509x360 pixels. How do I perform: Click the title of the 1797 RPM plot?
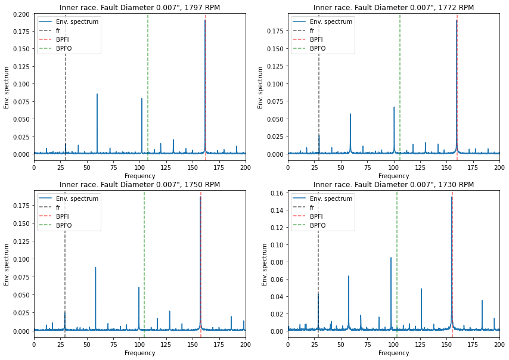pos(139,8)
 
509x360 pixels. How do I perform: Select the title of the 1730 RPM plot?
pos(393,185)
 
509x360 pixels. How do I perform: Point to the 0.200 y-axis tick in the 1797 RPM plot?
pos(23,14)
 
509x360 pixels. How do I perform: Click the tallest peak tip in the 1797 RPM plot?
pos(205,20)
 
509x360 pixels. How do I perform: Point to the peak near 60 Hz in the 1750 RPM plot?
pos(95,268)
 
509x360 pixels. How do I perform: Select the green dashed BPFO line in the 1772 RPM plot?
pos(400,89)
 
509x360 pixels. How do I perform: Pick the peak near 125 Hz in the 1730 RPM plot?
pos(421,289)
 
